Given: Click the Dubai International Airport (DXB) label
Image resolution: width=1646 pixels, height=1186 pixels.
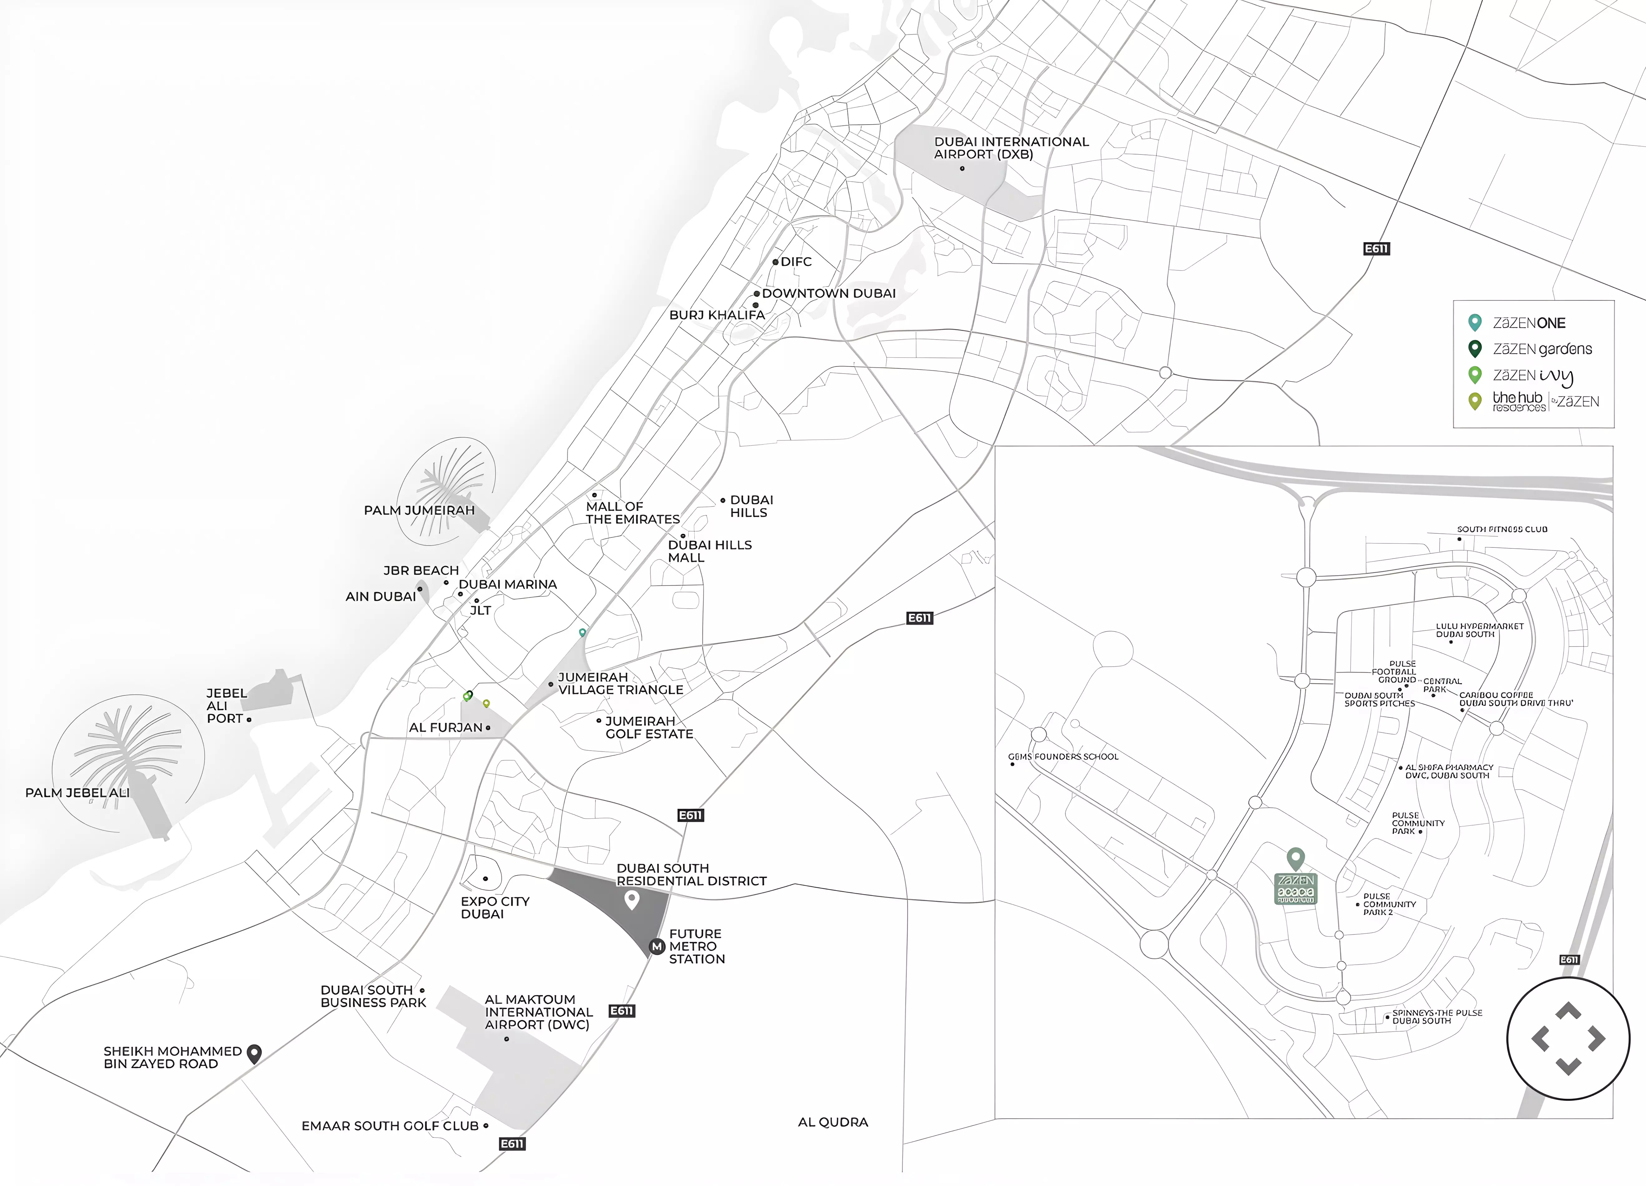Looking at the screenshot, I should pos(1011,148).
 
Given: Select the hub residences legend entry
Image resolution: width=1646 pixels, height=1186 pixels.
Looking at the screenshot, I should pos(1545,401).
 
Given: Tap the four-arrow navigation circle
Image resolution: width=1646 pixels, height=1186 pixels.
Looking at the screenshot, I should pos(1568,1038).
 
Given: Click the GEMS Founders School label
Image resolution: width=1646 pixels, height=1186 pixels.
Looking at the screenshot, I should pos(1063,757).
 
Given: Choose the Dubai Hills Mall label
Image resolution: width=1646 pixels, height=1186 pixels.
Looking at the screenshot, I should pos(709,551).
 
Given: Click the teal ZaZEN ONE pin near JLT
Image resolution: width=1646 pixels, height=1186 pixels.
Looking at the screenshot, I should pos(582,633).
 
